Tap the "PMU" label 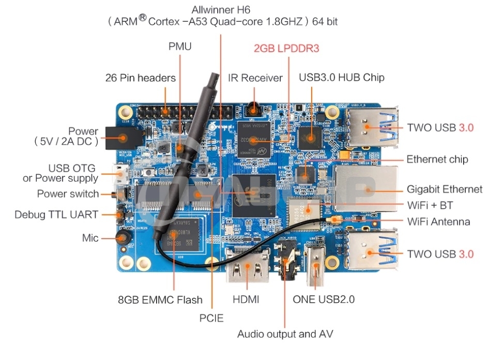pyautogui.click(x=180, y=46)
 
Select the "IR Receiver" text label pyautogui.click(x=255, y=78)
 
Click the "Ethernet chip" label pyautogui.click(x=437, y=159)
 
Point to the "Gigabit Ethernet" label pyautogui.click(x=444, y=189)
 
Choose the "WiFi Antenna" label pyautogui.click(x=438, y=222)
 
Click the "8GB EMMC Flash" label pyautogui.click(x=160, y=300)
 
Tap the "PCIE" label pyautogui.click(x=211, y=318)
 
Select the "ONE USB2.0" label pyautogui.click(x=324, y=299)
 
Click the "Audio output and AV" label pyautogui.click(x=285, y=334)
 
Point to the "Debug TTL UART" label pyautogui.click(x=56, y=214)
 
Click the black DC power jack pyautogui.click(x=118, y=138)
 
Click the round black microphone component pyautogui.click(x=123, y=238)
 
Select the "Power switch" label pyautogui.click(x=68, y=194)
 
